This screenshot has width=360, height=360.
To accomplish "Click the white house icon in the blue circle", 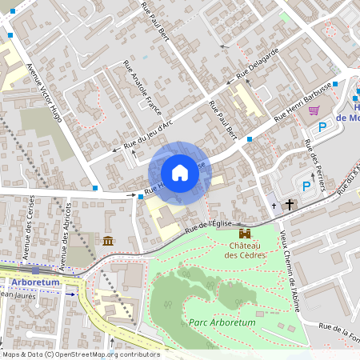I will coord(179,173).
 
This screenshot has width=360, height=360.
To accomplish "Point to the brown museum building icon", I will coord(108,241).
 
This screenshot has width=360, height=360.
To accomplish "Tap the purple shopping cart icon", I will coord(314,110).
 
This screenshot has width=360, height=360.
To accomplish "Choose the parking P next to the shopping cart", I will coord(323,126).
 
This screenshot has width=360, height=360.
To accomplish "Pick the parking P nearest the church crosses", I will coord(306,186).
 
